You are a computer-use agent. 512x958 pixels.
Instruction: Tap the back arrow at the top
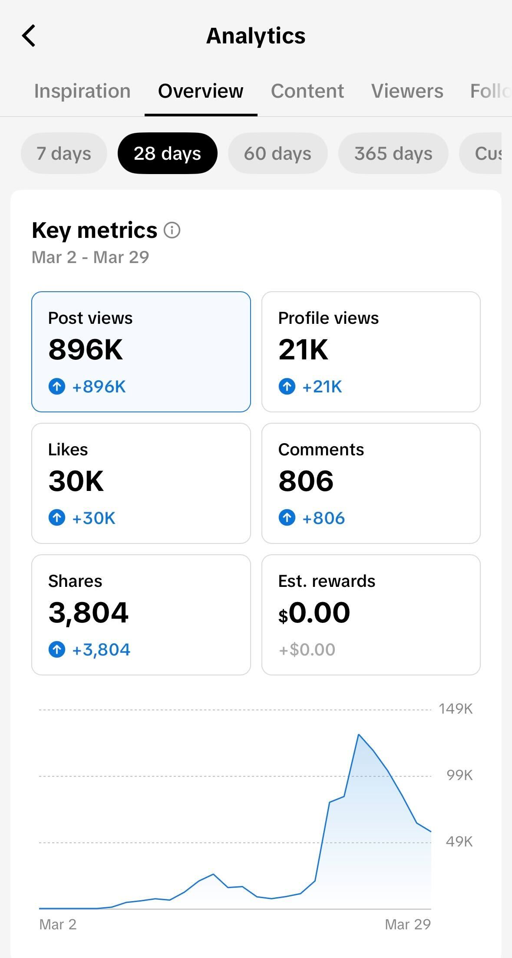click(29, 36)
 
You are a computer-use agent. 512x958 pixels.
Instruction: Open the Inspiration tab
click(82, 91)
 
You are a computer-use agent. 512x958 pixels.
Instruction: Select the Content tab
click(307, 91)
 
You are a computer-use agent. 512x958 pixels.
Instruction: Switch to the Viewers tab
click(407, 91)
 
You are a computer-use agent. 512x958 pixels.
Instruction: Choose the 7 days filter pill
click(64, 153)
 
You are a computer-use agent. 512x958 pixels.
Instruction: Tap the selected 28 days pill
click(167, 153)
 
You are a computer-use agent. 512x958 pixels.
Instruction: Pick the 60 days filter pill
click(277, 153)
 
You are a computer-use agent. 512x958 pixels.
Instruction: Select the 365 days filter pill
click(393, 153)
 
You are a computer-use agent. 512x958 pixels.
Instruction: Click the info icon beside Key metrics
click(172, 230)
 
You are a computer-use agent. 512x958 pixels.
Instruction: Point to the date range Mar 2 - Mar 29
click(90, 257)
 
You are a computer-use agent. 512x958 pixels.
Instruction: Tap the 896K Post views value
click(86, 349)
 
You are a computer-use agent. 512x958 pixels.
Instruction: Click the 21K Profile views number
click(303, 349)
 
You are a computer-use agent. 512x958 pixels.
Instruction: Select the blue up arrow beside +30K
click(57, 517)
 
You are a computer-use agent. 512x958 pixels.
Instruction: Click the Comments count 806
click(306, 481)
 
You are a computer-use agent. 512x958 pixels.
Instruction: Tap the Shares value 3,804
click(88, 612)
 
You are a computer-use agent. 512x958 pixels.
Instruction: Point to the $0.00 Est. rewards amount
click(314, 613)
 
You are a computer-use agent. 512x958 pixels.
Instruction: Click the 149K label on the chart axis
click(455, 709)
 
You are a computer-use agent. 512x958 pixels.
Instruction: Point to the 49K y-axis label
click(459, 842)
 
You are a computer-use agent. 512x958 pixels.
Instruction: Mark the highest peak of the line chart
click(359, 734)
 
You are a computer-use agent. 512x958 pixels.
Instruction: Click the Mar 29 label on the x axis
click(407, 924)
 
